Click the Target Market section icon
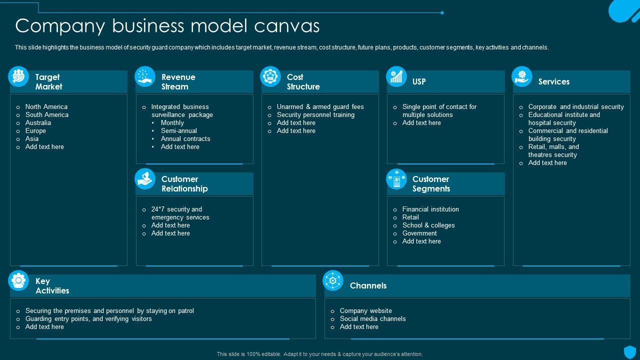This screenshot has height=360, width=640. coord(18,76)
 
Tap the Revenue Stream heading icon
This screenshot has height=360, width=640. coord(145,76)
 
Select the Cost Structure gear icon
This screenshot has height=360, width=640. coord(270,76)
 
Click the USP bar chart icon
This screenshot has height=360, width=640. coord(396,76)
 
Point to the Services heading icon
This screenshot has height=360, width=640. coord(522,76)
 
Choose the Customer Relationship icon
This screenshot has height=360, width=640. coord(145,178)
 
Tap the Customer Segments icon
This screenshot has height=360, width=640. coord(396,178)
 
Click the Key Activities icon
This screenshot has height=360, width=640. coord(18,280)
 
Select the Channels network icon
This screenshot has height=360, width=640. coord(332,280)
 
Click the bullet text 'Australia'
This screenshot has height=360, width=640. coord(38,122)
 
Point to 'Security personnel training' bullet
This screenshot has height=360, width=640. coord(315,114)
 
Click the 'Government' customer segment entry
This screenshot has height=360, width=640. coord(419,233)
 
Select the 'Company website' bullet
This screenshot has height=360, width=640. coord(365,310)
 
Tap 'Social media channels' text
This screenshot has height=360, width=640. coord(372,318)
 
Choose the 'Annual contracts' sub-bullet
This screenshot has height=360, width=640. coord(185,138)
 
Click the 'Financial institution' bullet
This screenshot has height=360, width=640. coord(430,209)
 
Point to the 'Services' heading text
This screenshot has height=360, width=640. coord(553,81)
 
